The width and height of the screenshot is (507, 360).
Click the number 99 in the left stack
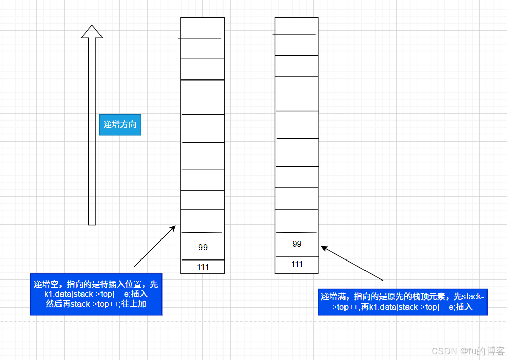click(202, 247)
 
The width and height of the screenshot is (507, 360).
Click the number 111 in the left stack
click(202, 267)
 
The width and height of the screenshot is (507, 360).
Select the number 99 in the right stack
click(297, 244)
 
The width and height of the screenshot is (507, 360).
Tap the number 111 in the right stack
click(297, 264)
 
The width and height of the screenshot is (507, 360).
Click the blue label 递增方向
click(120, 124)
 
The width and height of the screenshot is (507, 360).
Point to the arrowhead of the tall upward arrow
click(92, 31)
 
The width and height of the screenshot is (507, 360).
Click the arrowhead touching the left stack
click(173, 228)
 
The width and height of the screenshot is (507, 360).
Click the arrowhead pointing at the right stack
click(325, 249)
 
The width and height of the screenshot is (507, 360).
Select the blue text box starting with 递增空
click(96, 294)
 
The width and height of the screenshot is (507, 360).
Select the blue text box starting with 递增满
click(402, 302)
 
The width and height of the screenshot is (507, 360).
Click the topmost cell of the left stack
click(202, 28)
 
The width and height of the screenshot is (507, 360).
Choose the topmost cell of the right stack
click(296, 26)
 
